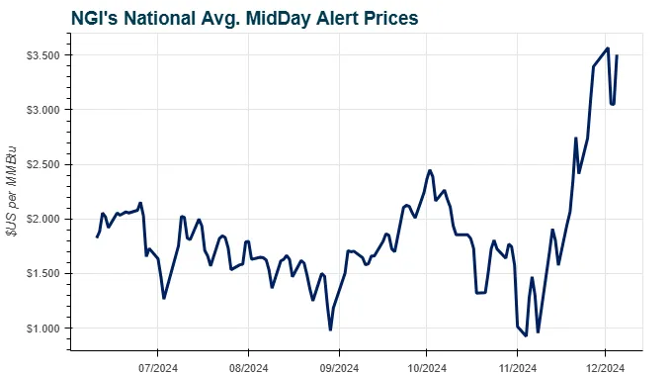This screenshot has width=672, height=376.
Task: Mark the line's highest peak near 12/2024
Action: point(608,48)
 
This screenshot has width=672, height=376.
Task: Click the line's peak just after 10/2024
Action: point(430,170)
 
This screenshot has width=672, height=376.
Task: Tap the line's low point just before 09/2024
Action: point(330,329)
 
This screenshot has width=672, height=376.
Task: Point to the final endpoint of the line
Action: point(618,55)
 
